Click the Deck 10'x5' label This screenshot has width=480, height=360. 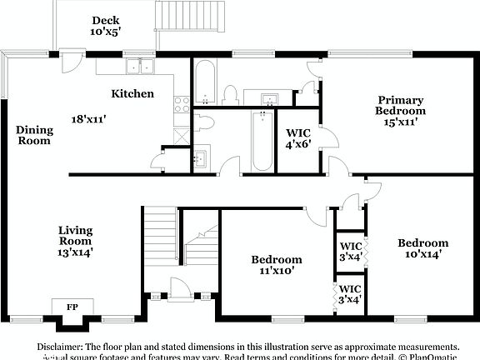coord(106,26)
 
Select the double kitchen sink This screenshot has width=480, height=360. coord(139,66)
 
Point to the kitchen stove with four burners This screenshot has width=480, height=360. coord(181,104)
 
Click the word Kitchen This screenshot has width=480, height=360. coord(133,94)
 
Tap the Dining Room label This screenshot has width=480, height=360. coord(34,135)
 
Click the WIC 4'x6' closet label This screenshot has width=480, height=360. coord(298,137)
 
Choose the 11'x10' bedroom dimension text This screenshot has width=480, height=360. coord(277,270)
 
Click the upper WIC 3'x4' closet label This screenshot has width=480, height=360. coord(350,250)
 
